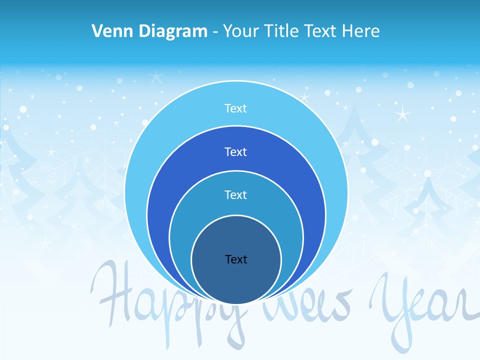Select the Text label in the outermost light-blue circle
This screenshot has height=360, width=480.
click(x=236, y=108)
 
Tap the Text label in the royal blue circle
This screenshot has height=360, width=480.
click(x=236, y=151)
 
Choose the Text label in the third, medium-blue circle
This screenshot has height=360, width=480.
click(x=236, y=194)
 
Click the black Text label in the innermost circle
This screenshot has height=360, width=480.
click(x=236, y=259)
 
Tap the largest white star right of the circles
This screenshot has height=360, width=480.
click(x=402, y=114)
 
